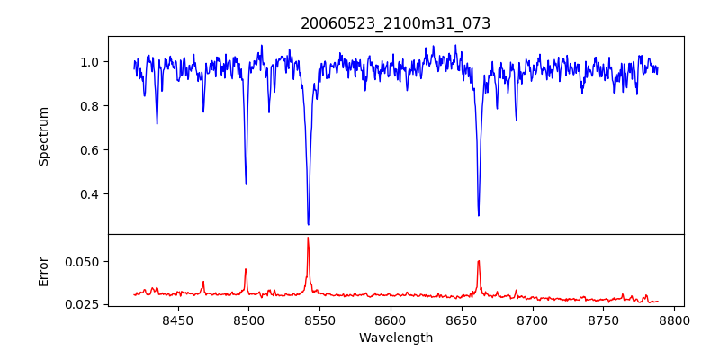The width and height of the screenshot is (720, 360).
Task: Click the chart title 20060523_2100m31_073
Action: pos(396,23)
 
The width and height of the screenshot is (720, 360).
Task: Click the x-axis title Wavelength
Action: pos(396,338)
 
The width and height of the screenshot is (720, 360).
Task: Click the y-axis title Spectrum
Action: pos(44,136)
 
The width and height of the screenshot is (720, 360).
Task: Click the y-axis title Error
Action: pos(44,270)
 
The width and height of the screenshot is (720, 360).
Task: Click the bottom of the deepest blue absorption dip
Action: pos(308,225)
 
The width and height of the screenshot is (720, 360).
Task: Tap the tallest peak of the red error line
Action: pos(308,238)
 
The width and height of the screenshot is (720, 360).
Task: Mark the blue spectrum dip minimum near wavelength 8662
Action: pos(478,216)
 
